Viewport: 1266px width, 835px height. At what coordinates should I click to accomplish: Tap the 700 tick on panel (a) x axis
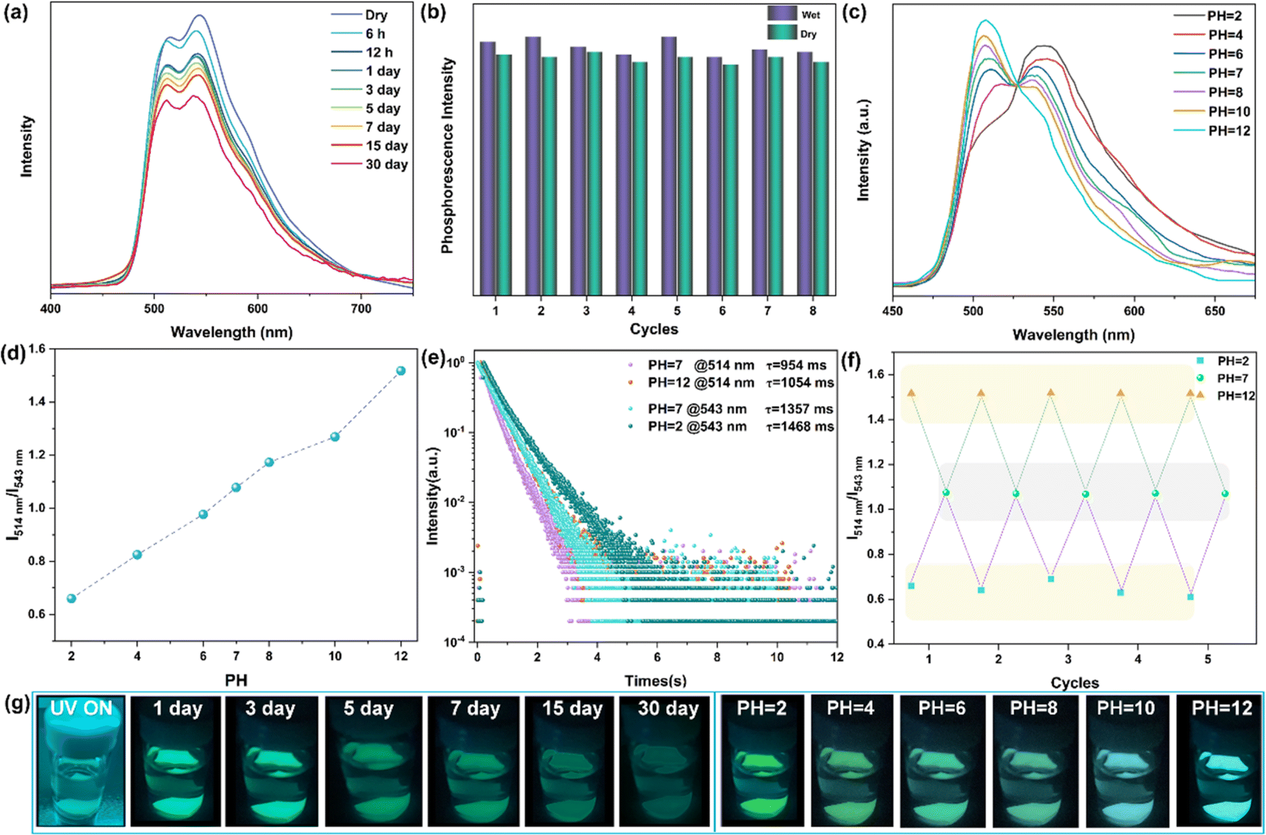[361, 309]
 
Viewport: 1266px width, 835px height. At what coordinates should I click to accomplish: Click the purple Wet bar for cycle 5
[669, 166]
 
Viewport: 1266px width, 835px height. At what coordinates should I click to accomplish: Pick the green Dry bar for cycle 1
[504, 175]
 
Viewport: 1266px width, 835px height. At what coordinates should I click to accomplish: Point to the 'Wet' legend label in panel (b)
[811, 15]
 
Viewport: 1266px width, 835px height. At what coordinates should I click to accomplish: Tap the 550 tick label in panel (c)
[1054, 311]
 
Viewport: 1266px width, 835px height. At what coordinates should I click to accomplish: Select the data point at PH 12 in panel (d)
[401, 370]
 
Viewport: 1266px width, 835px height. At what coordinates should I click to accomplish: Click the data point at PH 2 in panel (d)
[72, 598]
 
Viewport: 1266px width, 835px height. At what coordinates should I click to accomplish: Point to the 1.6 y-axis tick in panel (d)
[37, 349]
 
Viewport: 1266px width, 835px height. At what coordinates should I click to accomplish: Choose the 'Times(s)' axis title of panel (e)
[655, 681]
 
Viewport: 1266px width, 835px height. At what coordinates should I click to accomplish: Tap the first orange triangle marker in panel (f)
[911, 393]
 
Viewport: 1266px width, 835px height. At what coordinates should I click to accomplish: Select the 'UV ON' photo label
[81, 708]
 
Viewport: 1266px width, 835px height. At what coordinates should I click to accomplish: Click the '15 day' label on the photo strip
[573, 709]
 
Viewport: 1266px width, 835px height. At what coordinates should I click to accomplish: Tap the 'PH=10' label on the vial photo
[1126, 708]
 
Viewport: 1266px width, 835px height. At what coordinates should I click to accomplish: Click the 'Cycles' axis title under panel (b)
[654, 329]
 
